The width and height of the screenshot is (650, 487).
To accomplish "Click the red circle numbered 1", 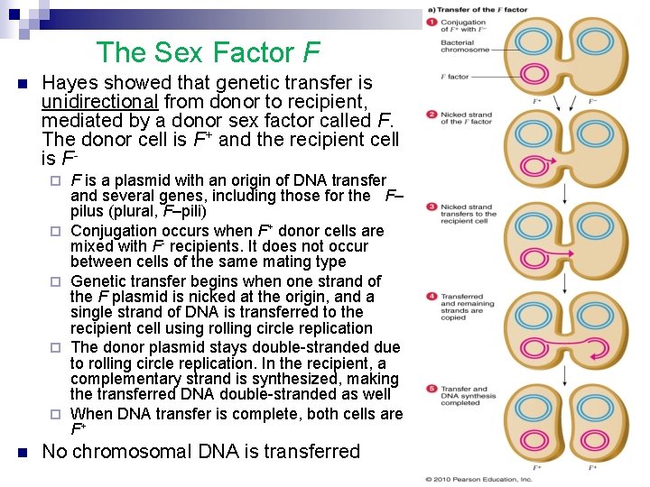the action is tap(432, 21).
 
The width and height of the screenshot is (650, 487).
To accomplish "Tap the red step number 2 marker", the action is tap(432, 115).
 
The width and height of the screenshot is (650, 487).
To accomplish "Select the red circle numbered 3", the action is tap(432, 207).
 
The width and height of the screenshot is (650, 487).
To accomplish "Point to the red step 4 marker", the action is tap(432, 297).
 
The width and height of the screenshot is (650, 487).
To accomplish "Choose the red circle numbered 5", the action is tap(432, 389).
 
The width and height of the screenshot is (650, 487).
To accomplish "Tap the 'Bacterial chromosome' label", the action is tap(465, 46).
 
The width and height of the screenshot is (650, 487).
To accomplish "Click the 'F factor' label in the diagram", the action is tap(455, 78).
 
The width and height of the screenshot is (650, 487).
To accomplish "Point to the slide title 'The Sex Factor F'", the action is tap(208, 52).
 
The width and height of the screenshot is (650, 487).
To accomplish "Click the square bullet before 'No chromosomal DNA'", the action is tap(22, 452).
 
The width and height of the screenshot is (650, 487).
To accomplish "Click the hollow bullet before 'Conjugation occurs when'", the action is tap(56, 231).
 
